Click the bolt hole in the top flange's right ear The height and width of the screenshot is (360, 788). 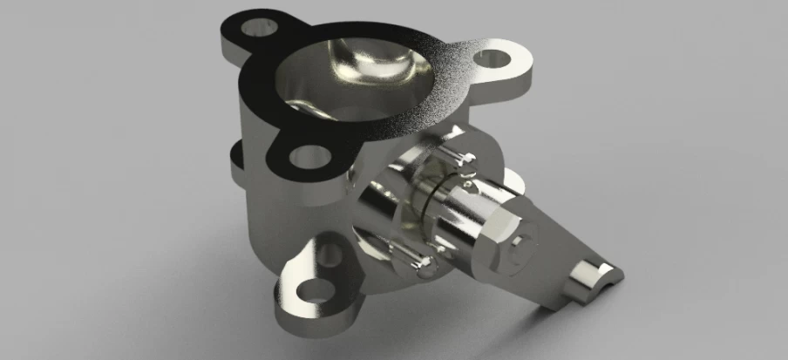494,59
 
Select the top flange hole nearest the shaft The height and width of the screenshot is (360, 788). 309,157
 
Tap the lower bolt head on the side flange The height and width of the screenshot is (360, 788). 417,262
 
